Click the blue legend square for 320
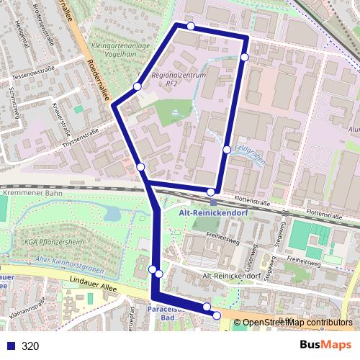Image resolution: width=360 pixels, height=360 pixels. pyautogui.click(x=9, y=346)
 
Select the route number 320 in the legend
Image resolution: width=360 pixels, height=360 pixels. pyautogui.click(x=30, y=346)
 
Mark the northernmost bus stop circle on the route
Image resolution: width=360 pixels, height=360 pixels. pyautogui.click(x=191, y=26)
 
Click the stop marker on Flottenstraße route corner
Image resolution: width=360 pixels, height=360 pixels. pyautogui.click(x=211, y=191)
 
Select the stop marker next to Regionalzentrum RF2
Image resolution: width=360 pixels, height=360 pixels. pyautogui.click(x=138, y=87)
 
